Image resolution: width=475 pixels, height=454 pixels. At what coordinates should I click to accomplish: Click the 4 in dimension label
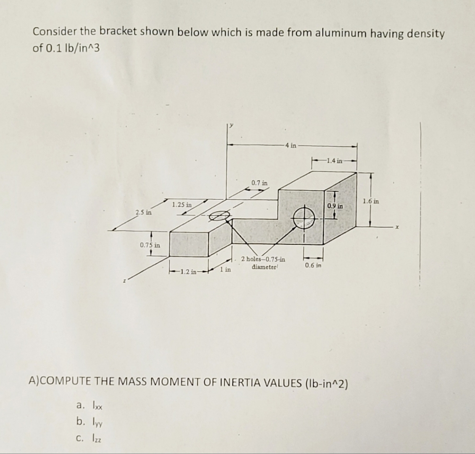tap(290, 146)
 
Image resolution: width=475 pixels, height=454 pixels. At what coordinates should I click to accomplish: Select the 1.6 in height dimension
tap(371, 202)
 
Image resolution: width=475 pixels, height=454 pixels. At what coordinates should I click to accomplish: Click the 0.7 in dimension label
tap(259, 183)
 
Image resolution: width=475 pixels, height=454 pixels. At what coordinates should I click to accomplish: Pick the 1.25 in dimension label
tap(182, 205)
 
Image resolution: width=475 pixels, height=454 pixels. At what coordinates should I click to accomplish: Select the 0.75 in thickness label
tap(150, 245)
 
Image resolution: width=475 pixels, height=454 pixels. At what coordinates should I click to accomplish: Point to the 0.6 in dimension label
tap(313, 265)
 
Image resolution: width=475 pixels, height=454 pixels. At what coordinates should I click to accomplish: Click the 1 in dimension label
tap(226, 270)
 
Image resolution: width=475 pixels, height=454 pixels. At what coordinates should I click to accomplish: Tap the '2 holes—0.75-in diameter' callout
tap(263, 263)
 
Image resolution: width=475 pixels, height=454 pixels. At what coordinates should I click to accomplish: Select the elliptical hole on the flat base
tap(220, 216)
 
